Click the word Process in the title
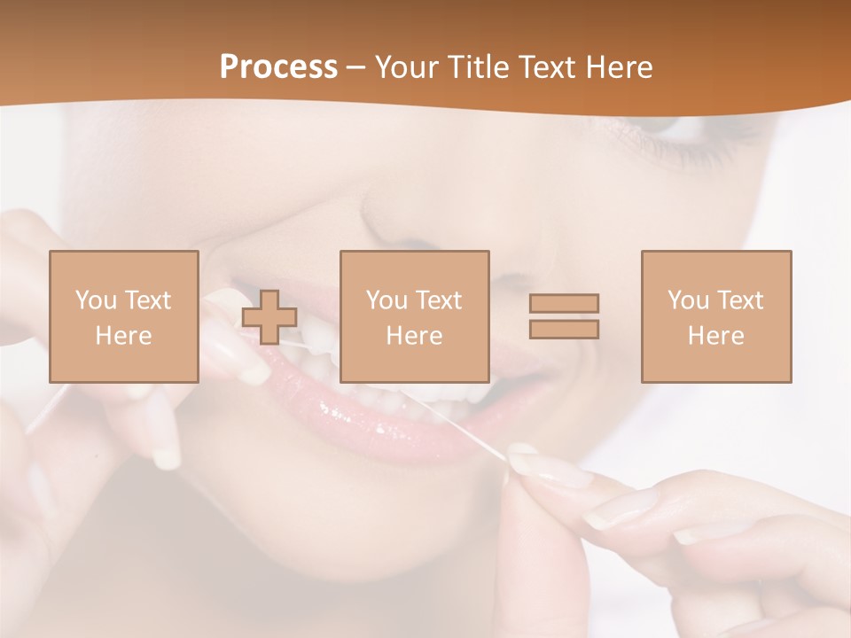(x=278, y=67)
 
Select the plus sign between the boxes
(x=269, y=316)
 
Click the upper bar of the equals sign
(x=564, y=303)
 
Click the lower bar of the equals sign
(x=564, y=329)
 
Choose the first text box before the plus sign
(x=124, y=316)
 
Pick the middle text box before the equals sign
(x=414, y=316)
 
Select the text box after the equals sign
(x=715, y=316)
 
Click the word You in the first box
(x=94, y=300)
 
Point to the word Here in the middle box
(x=414, y=336)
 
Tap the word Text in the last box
(x=740, y=300)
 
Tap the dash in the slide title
(x=355, y=67)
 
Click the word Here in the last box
(x=715, y=336)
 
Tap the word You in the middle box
(x=385, y=300)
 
